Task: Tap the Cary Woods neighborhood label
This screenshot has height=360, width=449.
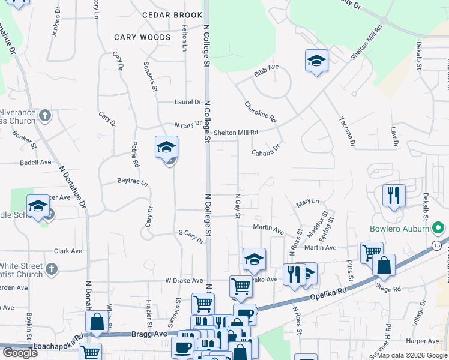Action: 139,37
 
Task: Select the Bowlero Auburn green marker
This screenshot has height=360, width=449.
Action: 438,229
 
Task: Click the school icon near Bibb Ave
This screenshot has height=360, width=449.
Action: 316,61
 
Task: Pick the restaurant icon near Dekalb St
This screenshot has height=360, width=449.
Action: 394,195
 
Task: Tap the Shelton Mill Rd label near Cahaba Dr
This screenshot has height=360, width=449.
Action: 236,133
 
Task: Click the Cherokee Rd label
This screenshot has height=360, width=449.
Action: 260,112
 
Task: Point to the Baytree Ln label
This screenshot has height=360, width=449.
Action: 132,181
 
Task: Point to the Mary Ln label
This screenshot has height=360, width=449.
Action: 307,203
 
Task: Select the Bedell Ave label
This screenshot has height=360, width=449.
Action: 36,162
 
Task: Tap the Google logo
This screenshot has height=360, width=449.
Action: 20,353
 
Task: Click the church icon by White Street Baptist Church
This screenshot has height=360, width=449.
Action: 52,268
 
